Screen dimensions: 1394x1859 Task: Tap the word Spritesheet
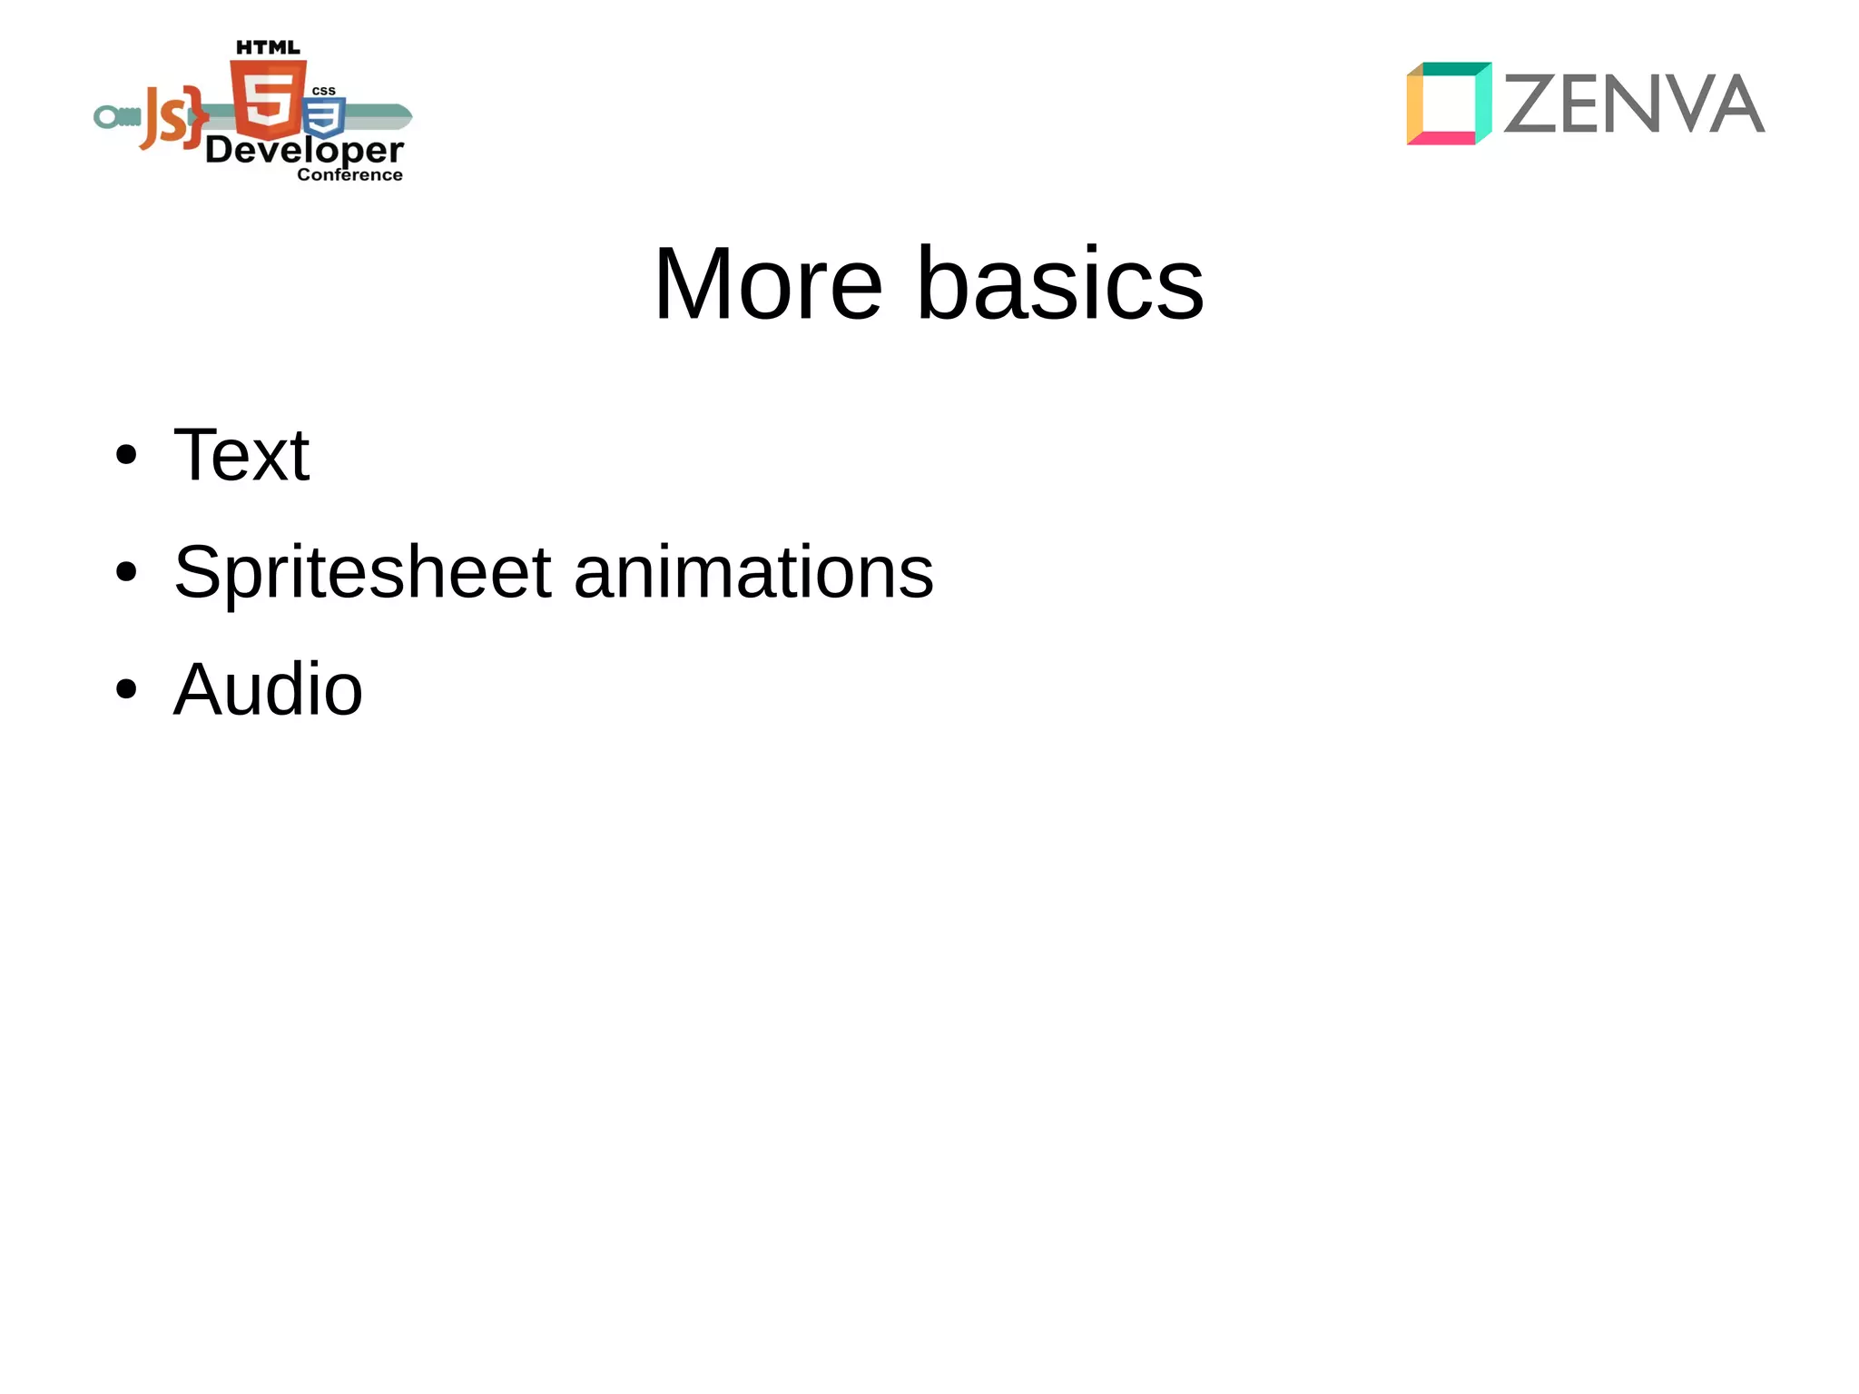click(362, 572)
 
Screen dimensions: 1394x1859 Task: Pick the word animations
click(753, 572)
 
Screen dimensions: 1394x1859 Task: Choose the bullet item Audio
click(268, 689)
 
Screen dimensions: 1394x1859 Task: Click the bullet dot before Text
click(126, 455)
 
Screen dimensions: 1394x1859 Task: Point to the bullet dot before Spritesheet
click(126, 572)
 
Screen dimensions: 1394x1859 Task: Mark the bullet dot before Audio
click(126, 689)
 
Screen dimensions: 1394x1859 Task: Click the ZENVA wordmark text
click(1634, 104)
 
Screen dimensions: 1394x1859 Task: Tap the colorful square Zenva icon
click(1449, 104)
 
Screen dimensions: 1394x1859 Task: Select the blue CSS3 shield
click(324, 117)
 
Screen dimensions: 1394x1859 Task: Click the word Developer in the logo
click(304, 150)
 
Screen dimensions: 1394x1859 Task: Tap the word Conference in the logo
click(349, 174)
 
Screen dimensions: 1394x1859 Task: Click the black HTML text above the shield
click(268, 48)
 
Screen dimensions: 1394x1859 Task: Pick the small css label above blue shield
click(324, 91)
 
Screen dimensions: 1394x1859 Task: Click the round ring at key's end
click(107, 117)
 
